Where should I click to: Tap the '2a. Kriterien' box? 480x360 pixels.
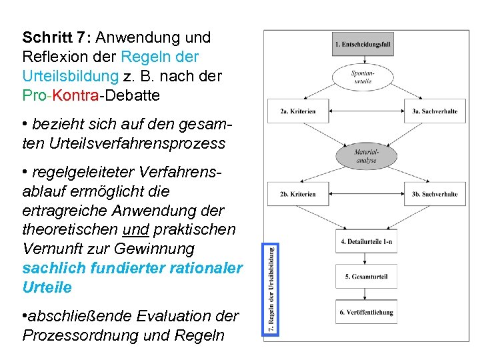298,112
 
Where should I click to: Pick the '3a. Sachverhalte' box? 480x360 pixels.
433,112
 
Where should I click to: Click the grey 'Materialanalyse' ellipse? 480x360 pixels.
365,157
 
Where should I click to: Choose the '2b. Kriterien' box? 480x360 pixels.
298,194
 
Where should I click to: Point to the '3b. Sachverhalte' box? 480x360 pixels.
433,194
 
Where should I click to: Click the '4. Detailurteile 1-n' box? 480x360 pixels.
366,242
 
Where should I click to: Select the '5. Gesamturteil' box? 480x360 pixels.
366,276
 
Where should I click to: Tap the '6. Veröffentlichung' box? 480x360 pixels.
366,312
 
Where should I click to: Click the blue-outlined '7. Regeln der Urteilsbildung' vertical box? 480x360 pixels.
272,287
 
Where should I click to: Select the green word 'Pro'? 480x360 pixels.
34,95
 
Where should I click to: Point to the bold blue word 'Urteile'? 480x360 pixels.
47,287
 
